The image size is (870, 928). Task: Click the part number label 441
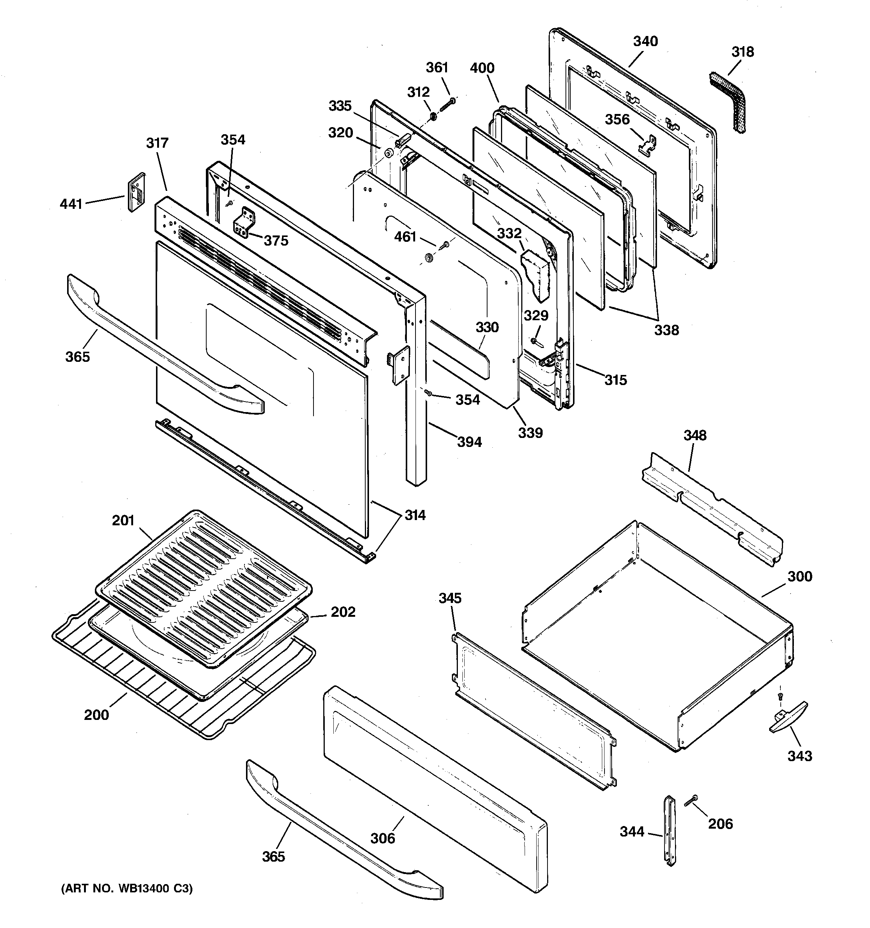pyautogui.click(x=71, y=204)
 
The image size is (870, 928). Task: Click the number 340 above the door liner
pyautogui.click(x=645, y=42)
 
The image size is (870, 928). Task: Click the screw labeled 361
pyautogui.click(x=447, y=103)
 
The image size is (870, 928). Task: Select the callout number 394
pyautogui.click(x=469, y=442)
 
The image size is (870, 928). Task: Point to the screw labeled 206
pyautogui.click(x=691, y=800)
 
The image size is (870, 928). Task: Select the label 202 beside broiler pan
pyautogui.click(x=343, y=612)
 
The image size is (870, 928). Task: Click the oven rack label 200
pyautogui.click(x=96, y=715)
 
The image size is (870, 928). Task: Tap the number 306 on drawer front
pyautogui.click(x=382, y=838)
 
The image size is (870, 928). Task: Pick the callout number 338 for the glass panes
pyautogui.click(x=666, y=330)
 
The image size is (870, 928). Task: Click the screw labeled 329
pyautogui.click(x=535, y=342)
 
